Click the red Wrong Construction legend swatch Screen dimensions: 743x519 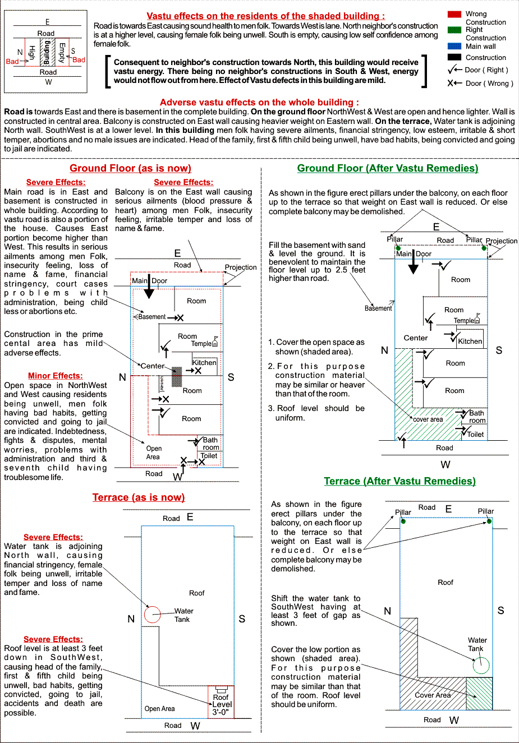click(454, 14)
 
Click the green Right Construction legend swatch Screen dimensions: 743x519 click(454, 30)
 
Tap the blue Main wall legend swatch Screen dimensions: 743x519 click(454, 46)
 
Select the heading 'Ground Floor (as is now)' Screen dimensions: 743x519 click(130, 168)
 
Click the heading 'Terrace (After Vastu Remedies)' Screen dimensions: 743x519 click(399, 481)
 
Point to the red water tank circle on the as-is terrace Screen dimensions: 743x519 click(153, 615)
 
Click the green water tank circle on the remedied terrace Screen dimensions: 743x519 click(481, 666)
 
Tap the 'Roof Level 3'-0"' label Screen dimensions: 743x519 click(221, 705)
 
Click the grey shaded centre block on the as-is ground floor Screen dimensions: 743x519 click(177, 376)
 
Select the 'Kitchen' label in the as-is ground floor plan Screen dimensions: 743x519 click(204, 363)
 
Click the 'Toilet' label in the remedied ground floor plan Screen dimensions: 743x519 click(475, 434)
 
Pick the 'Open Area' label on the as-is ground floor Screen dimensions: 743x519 click(153, 453)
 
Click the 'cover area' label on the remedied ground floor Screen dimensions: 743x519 click(428, 419)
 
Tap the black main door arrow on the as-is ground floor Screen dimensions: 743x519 click(149, 289)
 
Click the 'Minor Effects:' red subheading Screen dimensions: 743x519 click(55, 376)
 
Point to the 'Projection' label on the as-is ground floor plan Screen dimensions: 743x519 click(241, 267)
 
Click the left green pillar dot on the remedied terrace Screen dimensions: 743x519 click(403, 522)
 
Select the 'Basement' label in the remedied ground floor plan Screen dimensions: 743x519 click(378, 308)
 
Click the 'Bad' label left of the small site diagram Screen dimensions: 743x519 click(12, 62)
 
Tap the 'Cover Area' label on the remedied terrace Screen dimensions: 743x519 click(433, 695)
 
